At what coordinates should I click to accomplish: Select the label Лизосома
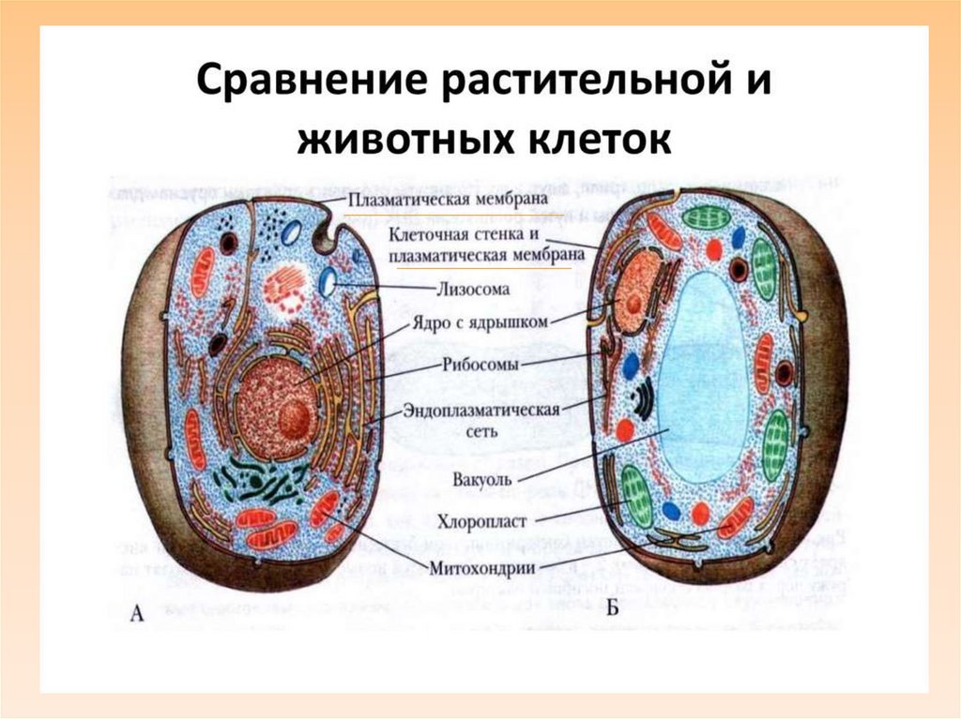pos(473,289)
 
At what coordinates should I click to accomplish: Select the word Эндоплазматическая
pos(481,410)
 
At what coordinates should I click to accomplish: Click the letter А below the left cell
pos(137,614)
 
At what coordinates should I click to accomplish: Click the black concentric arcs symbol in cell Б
pos(641,397)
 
